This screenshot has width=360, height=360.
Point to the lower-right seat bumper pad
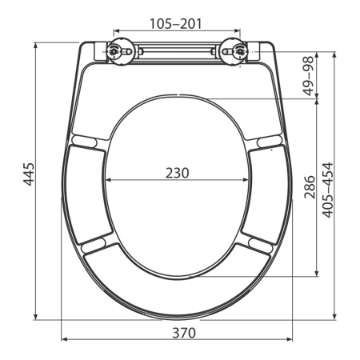[256, 242]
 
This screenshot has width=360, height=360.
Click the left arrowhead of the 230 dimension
[108, 180]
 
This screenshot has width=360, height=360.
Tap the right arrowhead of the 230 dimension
[248, 180]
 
